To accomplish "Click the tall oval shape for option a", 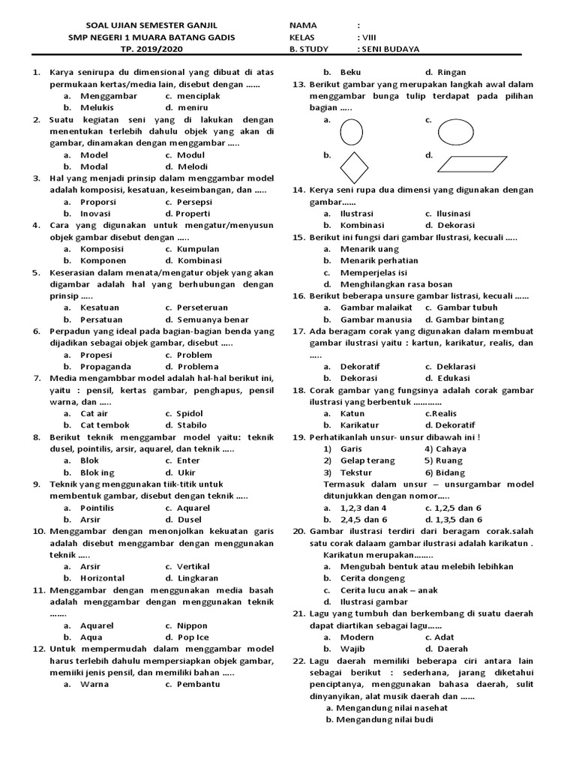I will [351, 133].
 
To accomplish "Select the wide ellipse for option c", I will [455, 133].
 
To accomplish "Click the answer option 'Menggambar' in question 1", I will [109, 96].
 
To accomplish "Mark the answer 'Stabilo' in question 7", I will [192, 424].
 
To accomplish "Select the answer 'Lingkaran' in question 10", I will [198, 578].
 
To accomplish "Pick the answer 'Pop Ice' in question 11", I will [193, 637].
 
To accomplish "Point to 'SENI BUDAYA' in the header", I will [388, 49].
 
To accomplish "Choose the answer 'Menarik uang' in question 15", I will [370, 248].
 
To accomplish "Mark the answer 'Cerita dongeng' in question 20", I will [373, 578].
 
